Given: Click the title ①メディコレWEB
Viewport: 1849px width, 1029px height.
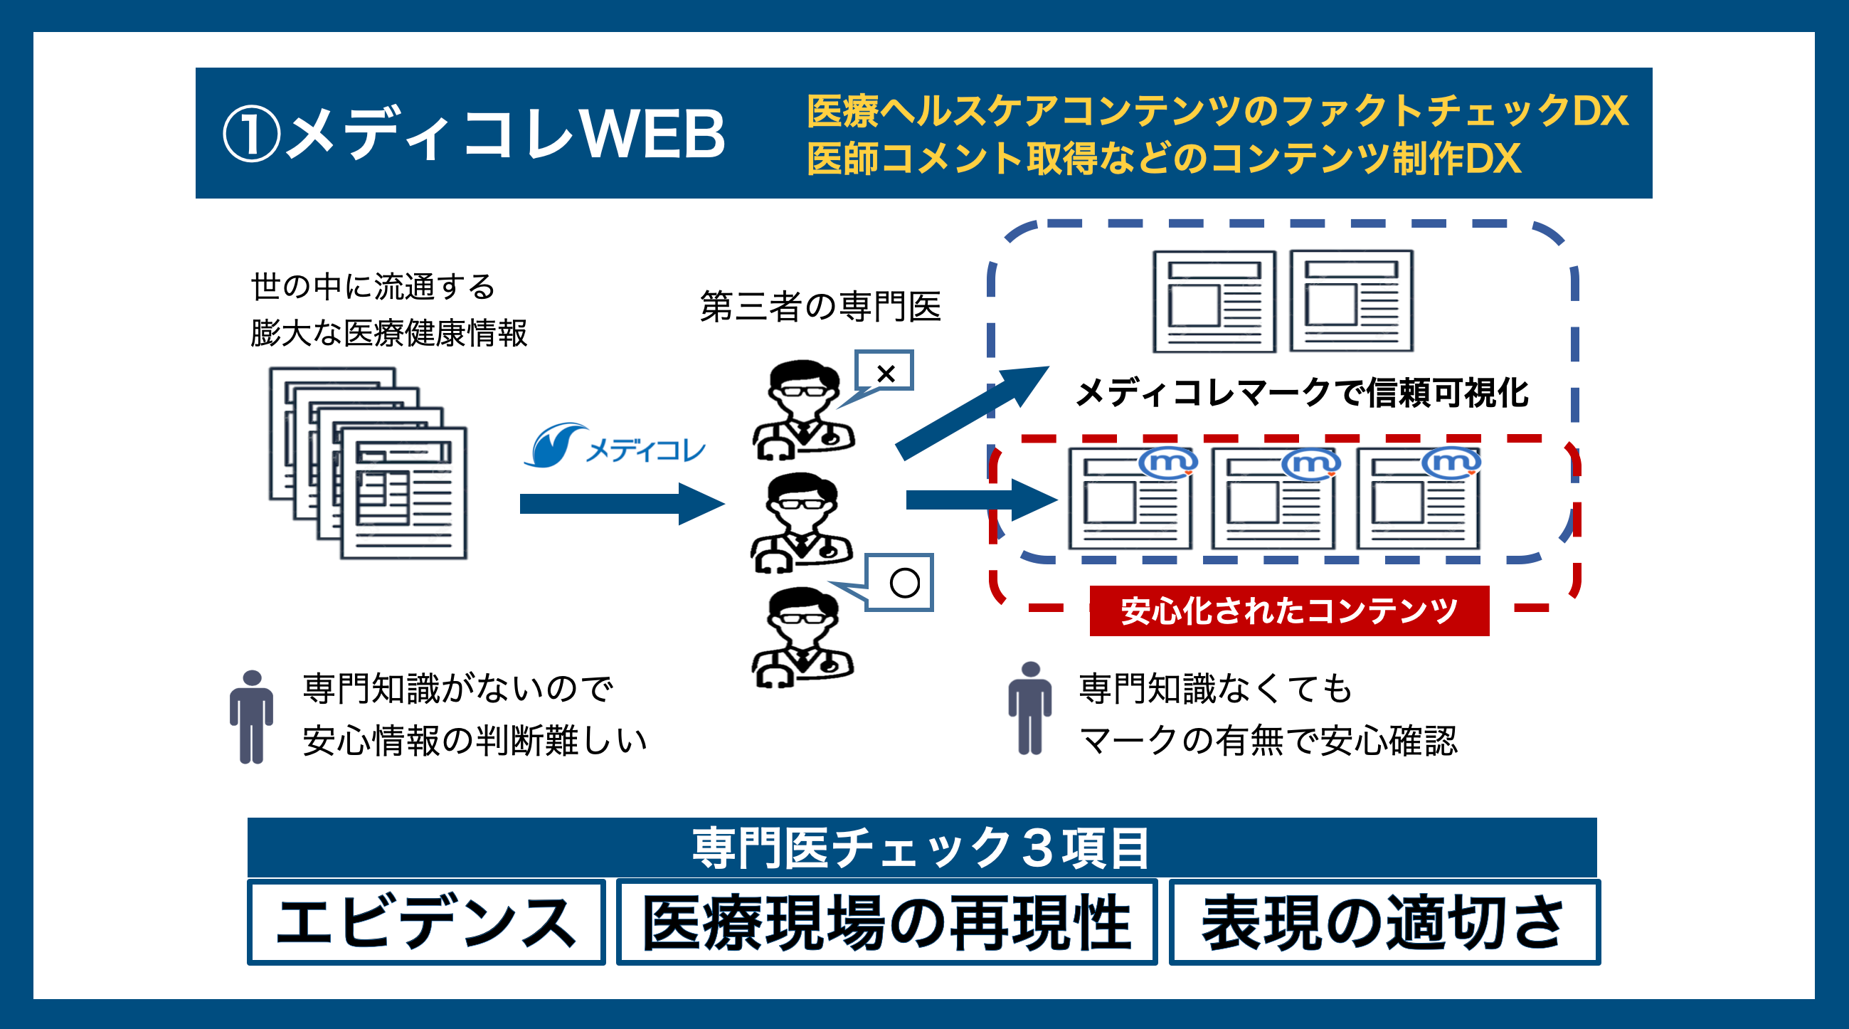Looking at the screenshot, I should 474,134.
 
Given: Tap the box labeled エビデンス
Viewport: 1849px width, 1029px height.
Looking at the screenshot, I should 425,922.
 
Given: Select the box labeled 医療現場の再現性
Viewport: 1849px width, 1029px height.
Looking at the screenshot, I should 886,922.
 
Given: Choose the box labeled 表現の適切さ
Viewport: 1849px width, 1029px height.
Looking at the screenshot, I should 1383,922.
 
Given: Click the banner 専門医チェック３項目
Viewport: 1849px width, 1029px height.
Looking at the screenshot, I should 921,848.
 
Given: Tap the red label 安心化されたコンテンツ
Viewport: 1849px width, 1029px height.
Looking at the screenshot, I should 1288,611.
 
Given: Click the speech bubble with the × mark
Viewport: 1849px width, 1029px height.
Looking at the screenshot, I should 885,372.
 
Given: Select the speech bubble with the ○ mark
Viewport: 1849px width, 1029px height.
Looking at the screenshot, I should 901,582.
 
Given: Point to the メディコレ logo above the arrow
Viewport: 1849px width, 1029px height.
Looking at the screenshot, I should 615,446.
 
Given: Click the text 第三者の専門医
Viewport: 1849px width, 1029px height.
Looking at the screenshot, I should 820,307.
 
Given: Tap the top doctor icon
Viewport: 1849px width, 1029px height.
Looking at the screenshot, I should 803,409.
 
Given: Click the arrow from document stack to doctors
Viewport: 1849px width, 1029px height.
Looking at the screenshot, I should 621,503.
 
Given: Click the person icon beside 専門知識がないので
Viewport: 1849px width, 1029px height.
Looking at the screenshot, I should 251,717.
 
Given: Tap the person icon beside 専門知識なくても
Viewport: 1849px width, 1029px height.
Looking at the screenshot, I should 1029,708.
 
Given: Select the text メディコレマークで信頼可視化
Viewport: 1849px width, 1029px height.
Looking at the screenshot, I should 1301,393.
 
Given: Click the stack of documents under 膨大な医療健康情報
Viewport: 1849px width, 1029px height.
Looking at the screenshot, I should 369,463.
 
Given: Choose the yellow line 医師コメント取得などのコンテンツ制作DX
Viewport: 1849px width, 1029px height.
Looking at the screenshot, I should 1163,159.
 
